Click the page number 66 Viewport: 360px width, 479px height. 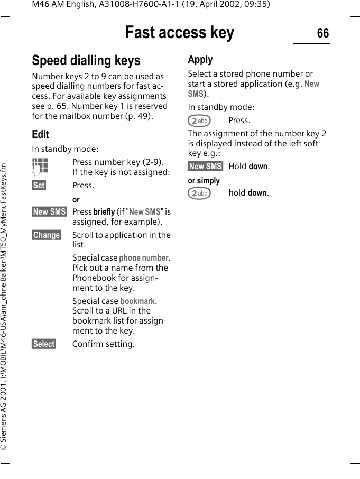coord(322,33)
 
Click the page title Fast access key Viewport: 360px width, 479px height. coord(180,33)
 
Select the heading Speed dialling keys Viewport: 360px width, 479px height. coord(86,60)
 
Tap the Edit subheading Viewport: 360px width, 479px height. coord(40,134)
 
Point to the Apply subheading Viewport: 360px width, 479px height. coord(200,59)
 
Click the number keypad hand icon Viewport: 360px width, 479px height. coord(40,166)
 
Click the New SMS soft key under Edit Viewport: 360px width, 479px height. coord(50,211)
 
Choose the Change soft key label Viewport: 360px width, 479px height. coord(47,235)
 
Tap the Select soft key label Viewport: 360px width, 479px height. coord(44,344)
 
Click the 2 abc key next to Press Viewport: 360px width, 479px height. coord(199,121)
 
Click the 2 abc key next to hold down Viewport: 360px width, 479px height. coord(199,194)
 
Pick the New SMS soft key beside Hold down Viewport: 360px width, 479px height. coord(206,167)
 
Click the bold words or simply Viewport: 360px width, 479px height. coord(204,180)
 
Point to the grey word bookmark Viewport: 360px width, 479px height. coord(137,301)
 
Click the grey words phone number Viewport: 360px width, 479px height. coord(144,258)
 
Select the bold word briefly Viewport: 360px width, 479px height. coord(104,212)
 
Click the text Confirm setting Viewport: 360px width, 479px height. coord(104,344)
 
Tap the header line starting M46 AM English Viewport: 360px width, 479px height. coord(151,5)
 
